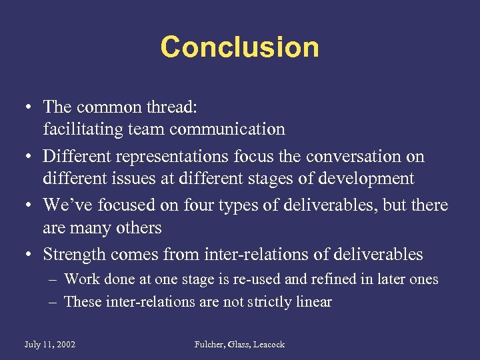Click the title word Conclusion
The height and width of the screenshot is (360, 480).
239,47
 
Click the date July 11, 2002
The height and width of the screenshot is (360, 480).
49,345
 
